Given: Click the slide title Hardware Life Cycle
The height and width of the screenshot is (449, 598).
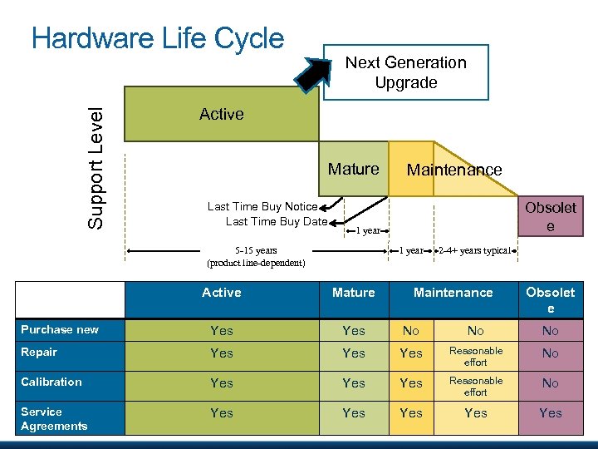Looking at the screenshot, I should (x=158, y=38).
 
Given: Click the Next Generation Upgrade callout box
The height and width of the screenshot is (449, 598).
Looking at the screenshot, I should (x=405, y=72).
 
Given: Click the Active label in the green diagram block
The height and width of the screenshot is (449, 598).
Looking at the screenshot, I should (x=222, y=114).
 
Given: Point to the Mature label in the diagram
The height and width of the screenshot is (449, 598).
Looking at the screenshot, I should (x=353, y=169).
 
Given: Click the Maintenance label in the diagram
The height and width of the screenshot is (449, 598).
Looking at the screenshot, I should (x=453, y=170).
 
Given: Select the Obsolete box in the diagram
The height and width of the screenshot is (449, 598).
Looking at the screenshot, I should (x=550, y=216).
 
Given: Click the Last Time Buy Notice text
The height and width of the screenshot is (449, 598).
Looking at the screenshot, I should (x=262, y=206).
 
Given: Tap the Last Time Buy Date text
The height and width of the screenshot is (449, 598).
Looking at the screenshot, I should (x=276, y=220).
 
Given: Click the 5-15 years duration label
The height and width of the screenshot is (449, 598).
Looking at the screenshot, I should (x=256, y=255).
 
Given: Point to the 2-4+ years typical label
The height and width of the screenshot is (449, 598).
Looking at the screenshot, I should (x=473, y=249).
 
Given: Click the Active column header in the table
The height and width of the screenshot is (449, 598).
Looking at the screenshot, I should (x=222, y=292).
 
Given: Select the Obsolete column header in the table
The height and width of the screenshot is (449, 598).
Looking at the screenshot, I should (x=550, y=299).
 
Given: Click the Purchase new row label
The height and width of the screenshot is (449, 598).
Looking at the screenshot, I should (x=60, y=329).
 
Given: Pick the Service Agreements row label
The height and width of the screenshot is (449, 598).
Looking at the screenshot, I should (x=54, y=418).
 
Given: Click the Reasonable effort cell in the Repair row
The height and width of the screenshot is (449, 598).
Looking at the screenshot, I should (x=476, y=356).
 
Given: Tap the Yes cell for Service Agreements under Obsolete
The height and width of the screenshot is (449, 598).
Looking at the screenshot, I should (x=550, y=412).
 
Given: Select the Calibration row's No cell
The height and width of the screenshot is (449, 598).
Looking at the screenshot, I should (x=550, y=383).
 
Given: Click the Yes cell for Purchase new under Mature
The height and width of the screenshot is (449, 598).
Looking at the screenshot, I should (x=354, y=330).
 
